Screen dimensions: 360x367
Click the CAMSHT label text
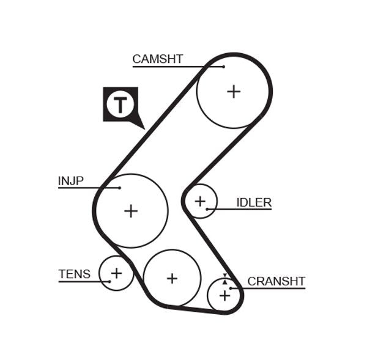click(x=157, y=59)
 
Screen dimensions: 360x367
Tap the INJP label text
click(x=70, y=181)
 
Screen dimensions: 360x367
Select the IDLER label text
click(x=254, y=202)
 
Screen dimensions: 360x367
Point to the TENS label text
click(x=74, y=274)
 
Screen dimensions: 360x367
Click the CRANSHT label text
click(x=276, y=281)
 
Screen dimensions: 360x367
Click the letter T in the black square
click(x=120, y=105)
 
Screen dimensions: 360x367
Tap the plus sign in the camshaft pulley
click(x=234, y=92)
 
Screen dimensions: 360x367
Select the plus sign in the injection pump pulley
click(x=131, y=211)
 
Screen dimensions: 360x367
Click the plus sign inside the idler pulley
click(x=200, y=200)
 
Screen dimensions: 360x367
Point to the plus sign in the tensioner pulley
click(x=116, y=273)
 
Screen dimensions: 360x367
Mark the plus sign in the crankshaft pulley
click(x=224, y=295)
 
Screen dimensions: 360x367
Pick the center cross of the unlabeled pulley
click(x=172, y=278)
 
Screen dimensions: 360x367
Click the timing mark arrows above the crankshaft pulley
click(x=224, y=278)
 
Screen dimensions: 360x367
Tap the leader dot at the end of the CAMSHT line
click(x=224, y=66)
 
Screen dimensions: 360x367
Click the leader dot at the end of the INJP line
click(x=120, y=188)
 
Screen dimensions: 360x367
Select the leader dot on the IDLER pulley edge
click(x=207, y=210)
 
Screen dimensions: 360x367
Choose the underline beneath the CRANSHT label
click(x=269, y=288)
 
